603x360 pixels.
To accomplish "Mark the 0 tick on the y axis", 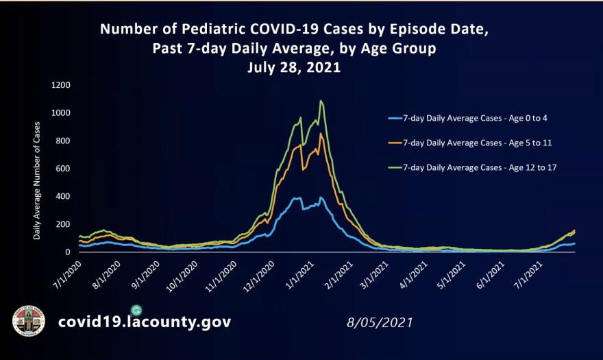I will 68,252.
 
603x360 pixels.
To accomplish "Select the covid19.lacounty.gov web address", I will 144,322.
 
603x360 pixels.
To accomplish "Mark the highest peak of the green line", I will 321,101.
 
